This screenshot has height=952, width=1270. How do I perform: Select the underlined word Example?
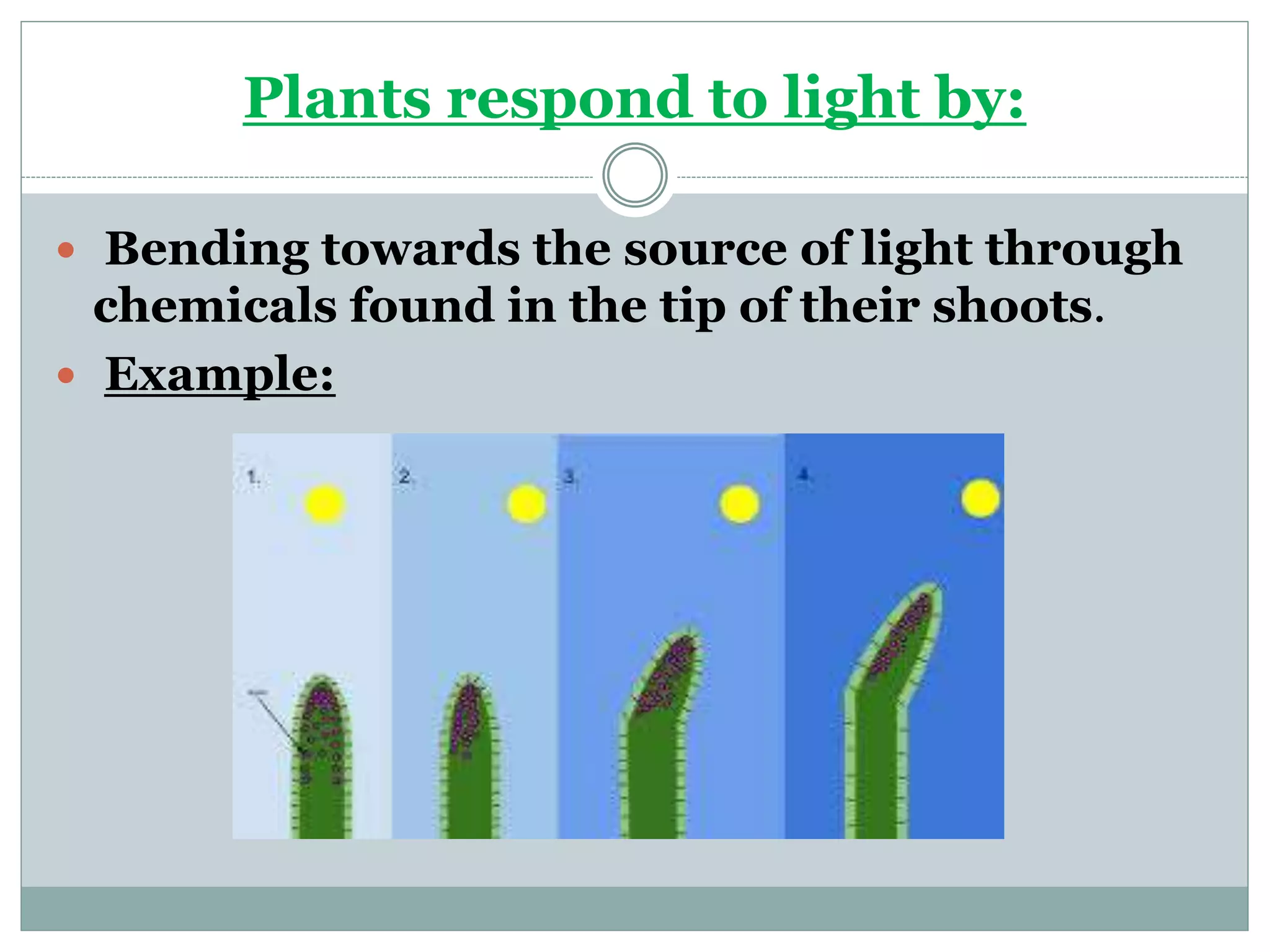click(220, 374)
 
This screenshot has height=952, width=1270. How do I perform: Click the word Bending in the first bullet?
click(206, 249)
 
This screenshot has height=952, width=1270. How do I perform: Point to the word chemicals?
click(215, 306)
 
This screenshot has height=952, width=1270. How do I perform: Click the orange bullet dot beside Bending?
click(66, 250)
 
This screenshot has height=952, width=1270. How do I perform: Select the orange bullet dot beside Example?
click(66, 376)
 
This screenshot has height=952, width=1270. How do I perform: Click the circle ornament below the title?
click(635, 175)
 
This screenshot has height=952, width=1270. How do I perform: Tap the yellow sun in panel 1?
click(324, 505)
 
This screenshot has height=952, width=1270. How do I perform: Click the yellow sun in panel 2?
click(526, 503)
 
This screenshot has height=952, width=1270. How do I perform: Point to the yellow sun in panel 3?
click(739, 504)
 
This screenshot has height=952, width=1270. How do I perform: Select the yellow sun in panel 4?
click(980, 498)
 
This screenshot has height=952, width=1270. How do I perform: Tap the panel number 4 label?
click(804, 475)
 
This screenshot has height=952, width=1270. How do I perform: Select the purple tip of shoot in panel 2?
click(465, 716)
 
